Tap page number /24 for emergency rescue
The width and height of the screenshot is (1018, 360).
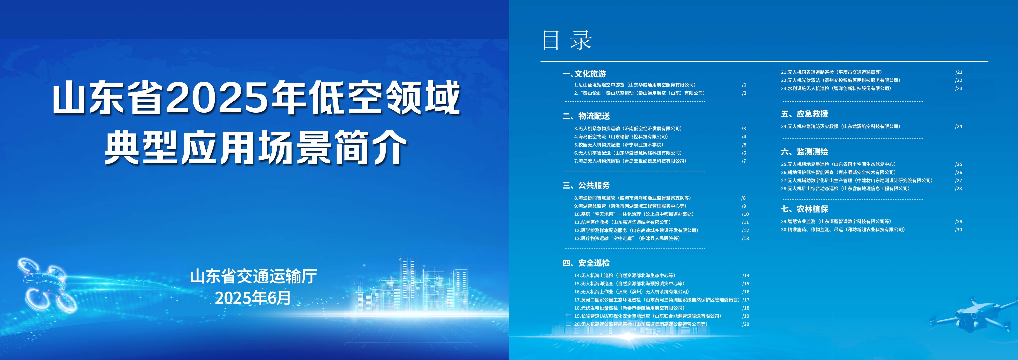coord(959,127)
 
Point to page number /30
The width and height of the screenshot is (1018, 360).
coord(959,230)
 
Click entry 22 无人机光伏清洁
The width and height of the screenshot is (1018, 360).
coord(841,80)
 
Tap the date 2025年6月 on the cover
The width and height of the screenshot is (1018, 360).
coord(253,298)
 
